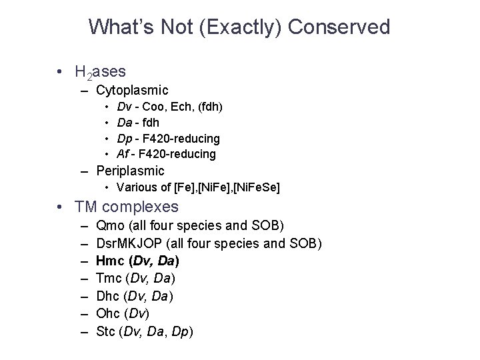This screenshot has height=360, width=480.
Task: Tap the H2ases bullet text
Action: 101,71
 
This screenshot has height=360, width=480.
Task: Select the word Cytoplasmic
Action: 132,89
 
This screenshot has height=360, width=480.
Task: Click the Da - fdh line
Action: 138,123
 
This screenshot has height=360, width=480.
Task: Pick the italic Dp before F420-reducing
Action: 124,138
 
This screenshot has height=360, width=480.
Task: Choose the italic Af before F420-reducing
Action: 123,154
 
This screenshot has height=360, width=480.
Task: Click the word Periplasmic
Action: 130,171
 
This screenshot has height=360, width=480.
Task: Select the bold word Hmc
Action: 110,261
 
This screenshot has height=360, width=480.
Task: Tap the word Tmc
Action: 109,278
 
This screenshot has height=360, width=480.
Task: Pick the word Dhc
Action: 109,295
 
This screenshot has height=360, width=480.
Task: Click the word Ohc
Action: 109,313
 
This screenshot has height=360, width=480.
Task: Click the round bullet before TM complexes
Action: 60,207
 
